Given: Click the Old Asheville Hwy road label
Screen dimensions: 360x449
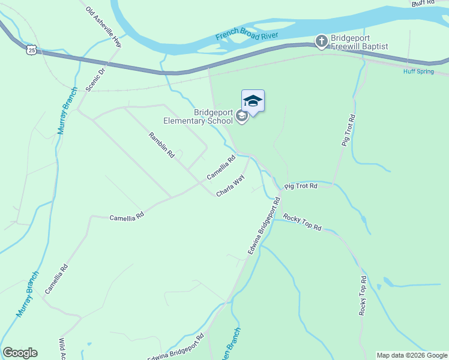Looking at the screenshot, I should (104, 28).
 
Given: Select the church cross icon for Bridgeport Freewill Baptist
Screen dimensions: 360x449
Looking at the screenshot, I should (321, 41).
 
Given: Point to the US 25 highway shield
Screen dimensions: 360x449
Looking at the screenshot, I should (32, 49).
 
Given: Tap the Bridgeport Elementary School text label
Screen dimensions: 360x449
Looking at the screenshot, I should (213, 116).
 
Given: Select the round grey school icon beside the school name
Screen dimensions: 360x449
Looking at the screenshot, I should (242, 116).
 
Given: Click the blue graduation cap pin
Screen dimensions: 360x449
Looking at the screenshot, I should (253, 101).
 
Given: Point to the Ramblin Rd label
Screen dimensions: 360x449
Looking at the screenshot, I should (161, 145).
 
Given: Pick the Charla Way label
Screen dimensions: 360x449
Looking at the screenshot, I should (231, 186).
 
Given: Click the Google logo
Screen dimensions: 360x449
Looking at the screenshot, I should (20, 353).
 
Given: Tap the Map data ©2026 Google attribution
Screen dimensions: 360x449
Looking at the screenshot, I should (412, 355).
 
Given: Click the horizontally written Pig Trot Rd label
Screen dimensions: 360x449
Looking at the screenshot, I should (301, 186).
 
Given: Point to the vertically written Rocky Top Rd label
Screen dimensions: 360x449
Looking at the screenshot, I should (363, 296).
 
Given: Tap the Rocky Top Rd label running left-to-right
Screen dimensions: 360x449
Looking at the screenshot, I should (303, 223).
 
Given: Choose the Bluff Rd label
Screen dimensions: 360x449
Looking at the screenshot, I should (423, 3).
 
